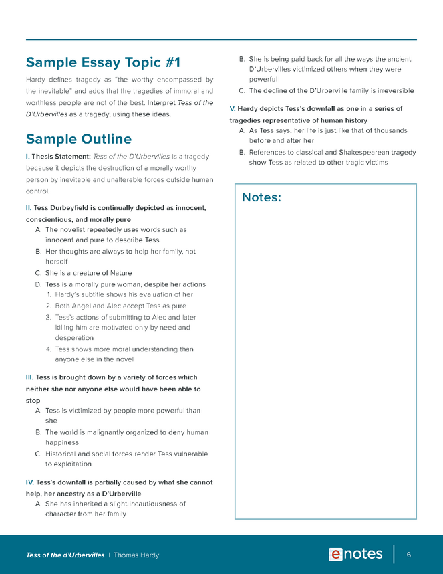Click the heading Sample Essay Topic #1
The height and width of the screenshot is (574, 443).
[103, 63]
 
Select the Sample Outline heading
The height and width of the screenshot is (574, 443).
[79, 139]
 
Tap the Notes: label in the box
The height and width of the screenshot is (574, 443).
[261, 197]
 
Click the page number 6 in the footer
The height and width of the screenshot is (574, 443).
[408, 555]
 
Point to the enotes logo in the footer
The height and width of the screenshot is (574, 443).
[355, 555]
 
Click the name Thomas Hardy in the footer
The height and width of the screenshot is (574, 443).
[136, 555]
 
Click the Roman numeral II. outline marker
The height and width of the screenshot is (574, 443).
[29, 208]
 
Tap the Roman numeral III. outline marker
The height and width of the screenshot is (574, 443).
[29, 377]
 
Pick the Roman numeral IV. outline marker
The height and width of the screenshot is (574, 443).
[29, 482]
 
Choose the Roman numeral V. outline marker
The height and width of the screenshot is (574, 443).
[232, 108]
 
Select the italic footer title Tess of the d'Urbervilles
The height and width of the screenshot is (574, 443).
[65, 555]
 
